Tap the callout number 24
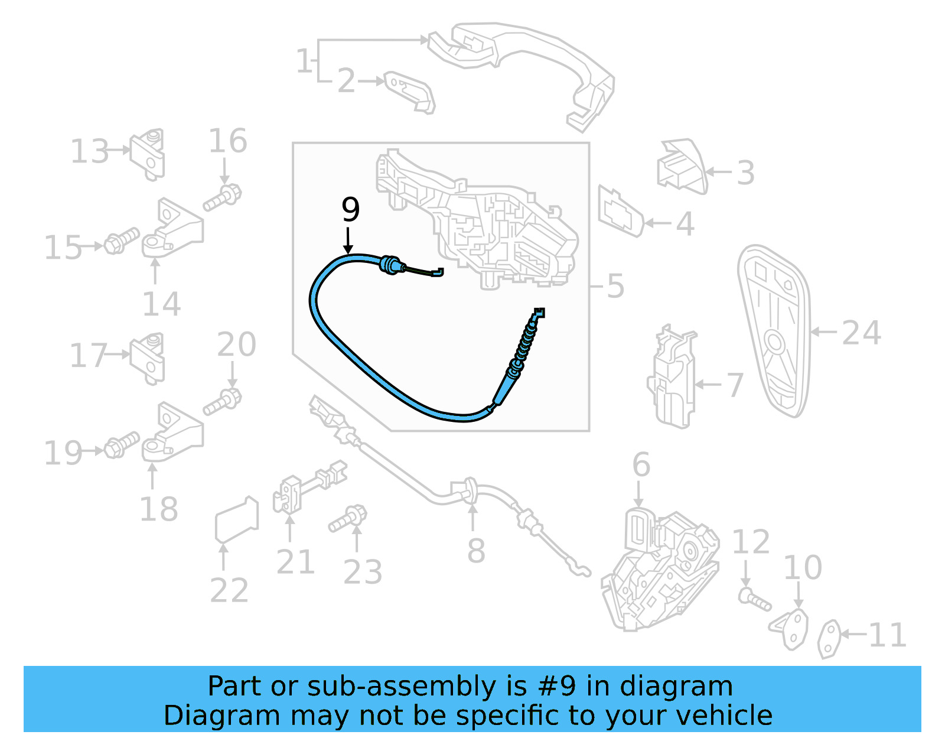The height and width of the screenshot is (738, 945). coord(861,333)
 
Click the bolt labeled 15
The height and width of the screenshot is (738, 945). coord(122,241)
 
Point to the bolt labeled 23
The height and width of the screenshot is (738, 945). coord(348,519)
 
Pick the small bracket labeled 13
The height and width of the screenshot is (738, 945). coord(148,153)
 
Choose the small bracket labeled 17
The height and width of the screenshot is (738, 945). coord(148,358)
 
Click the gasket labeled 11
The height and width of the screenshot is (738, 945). coord(829,638)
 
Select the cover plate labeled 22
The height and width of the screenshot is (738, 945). coord(236,519)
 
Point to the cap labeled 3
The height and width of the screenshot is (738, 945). coord(682,167)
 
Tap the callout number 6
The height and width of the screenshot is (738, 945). coord(641,465)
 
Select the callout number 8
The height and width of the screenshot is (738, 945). coord(475,551)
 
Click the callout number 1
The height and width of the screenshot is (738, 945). coord(304,61)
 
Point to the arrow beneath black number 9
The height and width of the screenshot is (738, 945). coord(348,240)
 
